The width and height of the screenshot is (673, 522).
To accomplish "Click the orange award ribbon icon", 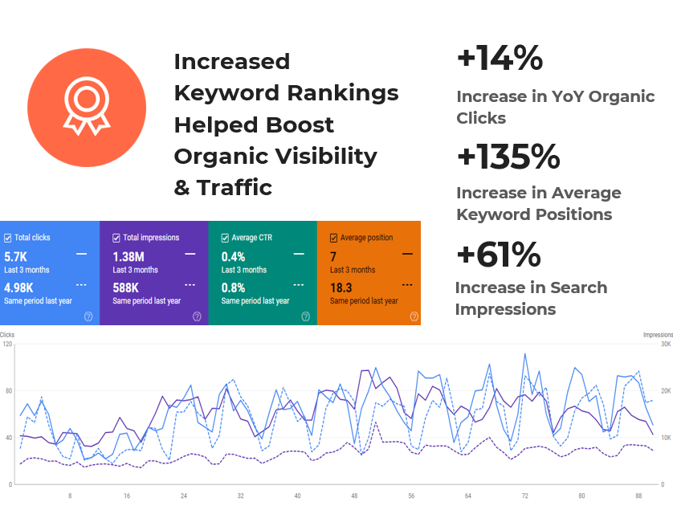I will pos(87,108).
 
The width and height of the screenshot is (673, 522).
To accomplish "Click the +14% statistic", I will pos(500,59).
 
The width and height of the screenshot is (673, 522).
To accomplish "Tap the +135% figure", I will pos(508,157).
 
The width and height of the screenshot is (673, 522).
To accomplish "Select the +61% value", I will pos(498,255).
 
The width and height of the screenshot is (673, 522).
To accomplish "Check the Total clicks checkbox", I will pos(8,238).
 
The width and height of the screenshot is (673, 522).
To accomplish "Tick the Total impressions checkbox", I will pos(116,238).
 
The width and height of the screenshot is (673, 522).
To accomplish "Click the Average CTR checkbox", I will pos(225,238).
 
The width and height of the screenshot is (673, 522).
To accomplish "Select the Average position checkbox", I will pos(334,238).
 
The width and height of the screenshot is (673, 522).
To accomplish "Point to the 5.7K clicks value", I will pos(16,257).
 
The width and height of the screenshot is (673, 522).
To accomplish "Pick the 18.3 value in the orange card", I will pos(341,288).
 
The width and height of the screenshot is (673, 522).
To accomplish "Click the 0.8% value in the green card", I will pos(234,288).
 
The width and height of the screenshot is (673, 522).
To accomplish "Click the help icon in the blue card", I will pos(88,316).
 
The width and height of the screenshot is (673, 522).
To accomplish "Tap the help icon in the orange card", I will pos(414,316).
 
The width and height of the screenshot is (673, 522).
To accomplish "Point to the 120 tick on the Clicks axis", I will pos(7,345).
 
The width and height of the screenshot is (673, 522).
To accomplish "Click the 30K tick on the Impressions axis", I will pos(666,345).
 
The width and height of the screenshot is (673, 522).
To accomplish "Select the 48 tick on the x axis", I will pos(354,496).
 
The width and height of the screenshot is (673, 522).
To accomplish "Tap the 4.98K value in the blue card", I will pos(21,288).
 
